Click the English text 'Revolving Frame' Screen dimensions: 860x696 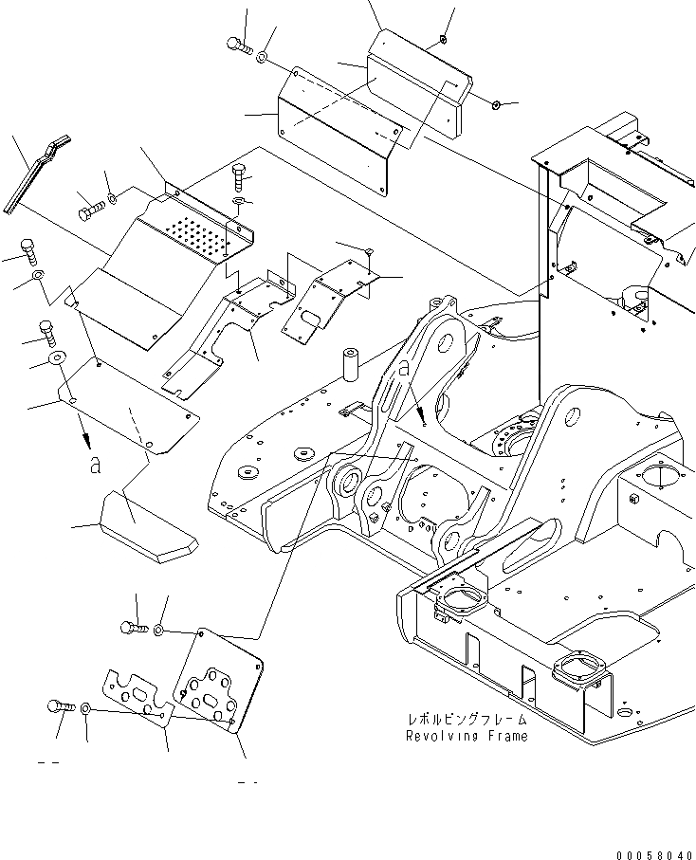tap(467, 736)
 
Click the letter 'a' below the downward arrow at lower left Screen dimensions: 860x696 tap(92, 464)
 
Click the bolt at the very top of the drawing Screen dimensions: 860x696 tap(238, 44)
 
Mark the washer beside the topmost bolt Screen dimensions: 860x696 tap(262, 57)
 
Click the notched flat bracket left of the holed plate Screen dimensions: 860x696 tap(138, 700)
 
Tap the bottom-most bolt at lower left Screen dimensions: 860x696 tap(59, 706)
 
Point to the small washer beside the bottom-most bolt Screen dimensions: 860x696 tap(86, 708)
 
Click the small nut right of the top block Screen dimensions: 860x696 tap(498, 101)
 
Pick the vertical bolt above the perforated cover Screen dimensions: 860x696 tap(238, 177)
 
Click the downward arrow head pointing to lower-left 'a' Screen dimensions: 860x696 tap(87, 439)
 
